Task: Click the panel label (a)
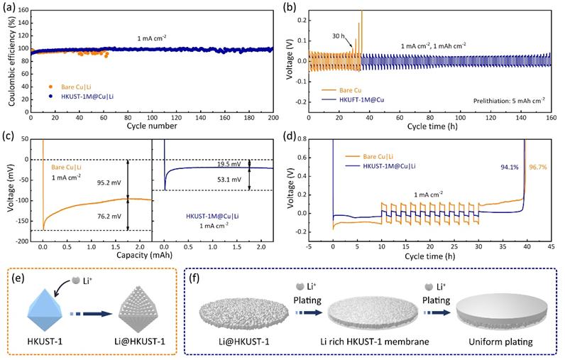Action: (9, 8)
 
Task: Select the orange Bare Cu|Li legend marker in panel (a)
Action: (50, 87)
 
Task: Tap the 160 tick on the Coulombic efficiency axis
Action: (23, 10)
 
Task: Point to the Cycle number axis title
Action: (152, 126)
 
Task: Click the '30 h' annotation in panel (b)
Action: (339, 36)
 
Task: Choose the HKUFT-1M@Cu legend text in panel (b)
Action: (361, 100)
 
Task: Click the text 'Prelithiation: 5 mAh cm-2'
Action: (509, 101)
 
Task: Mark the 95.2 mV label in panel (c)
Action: (109, 182)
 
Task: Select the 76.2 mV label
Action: (109, 217)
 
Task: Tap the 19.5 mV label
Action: (229, 164)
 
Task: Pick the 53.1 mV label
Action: (229, 180)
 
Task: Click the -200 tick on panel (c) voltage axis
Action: (21, 241)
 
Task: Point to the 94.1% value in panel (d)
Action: (510, 167)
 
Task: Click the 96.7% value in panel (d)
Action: (538, 167)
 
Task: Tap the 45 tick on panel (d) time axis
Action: (551, 247)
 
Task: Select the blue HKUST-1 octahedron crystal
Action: (45, 310)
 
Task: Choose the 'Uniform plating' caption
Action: (500, 342)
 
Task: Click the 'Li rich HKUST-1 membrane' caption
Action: (375, 342)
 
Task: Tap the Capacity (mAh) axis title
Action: (144, 255)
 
